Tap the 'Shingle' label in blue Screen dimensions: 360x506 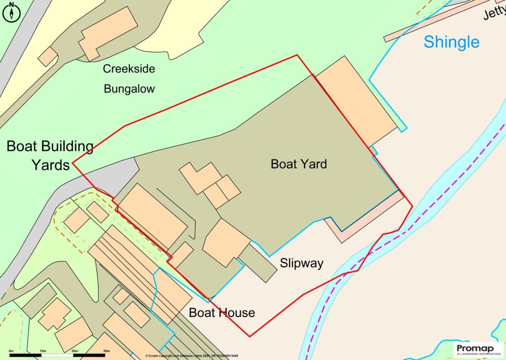coord(451,42)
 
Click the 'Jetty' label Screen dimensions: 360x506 coord(495,13)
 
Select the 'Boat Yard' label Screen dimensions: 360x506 coord(298,164)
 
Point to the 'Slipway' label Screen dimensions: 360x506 coord(301,263)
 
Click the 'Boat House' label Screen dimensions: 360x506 coord(222,312)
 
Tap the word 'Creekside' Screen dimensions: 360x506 coord(128,69)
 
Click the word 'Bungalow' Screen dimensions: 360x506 coord(129,89)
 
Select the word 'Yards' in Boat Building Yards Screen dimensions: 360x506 coord(50,164)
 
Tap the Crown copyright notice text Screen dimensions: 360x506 coord(192,356)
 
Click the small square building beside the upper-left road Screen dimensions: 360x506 coord(48,57)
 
